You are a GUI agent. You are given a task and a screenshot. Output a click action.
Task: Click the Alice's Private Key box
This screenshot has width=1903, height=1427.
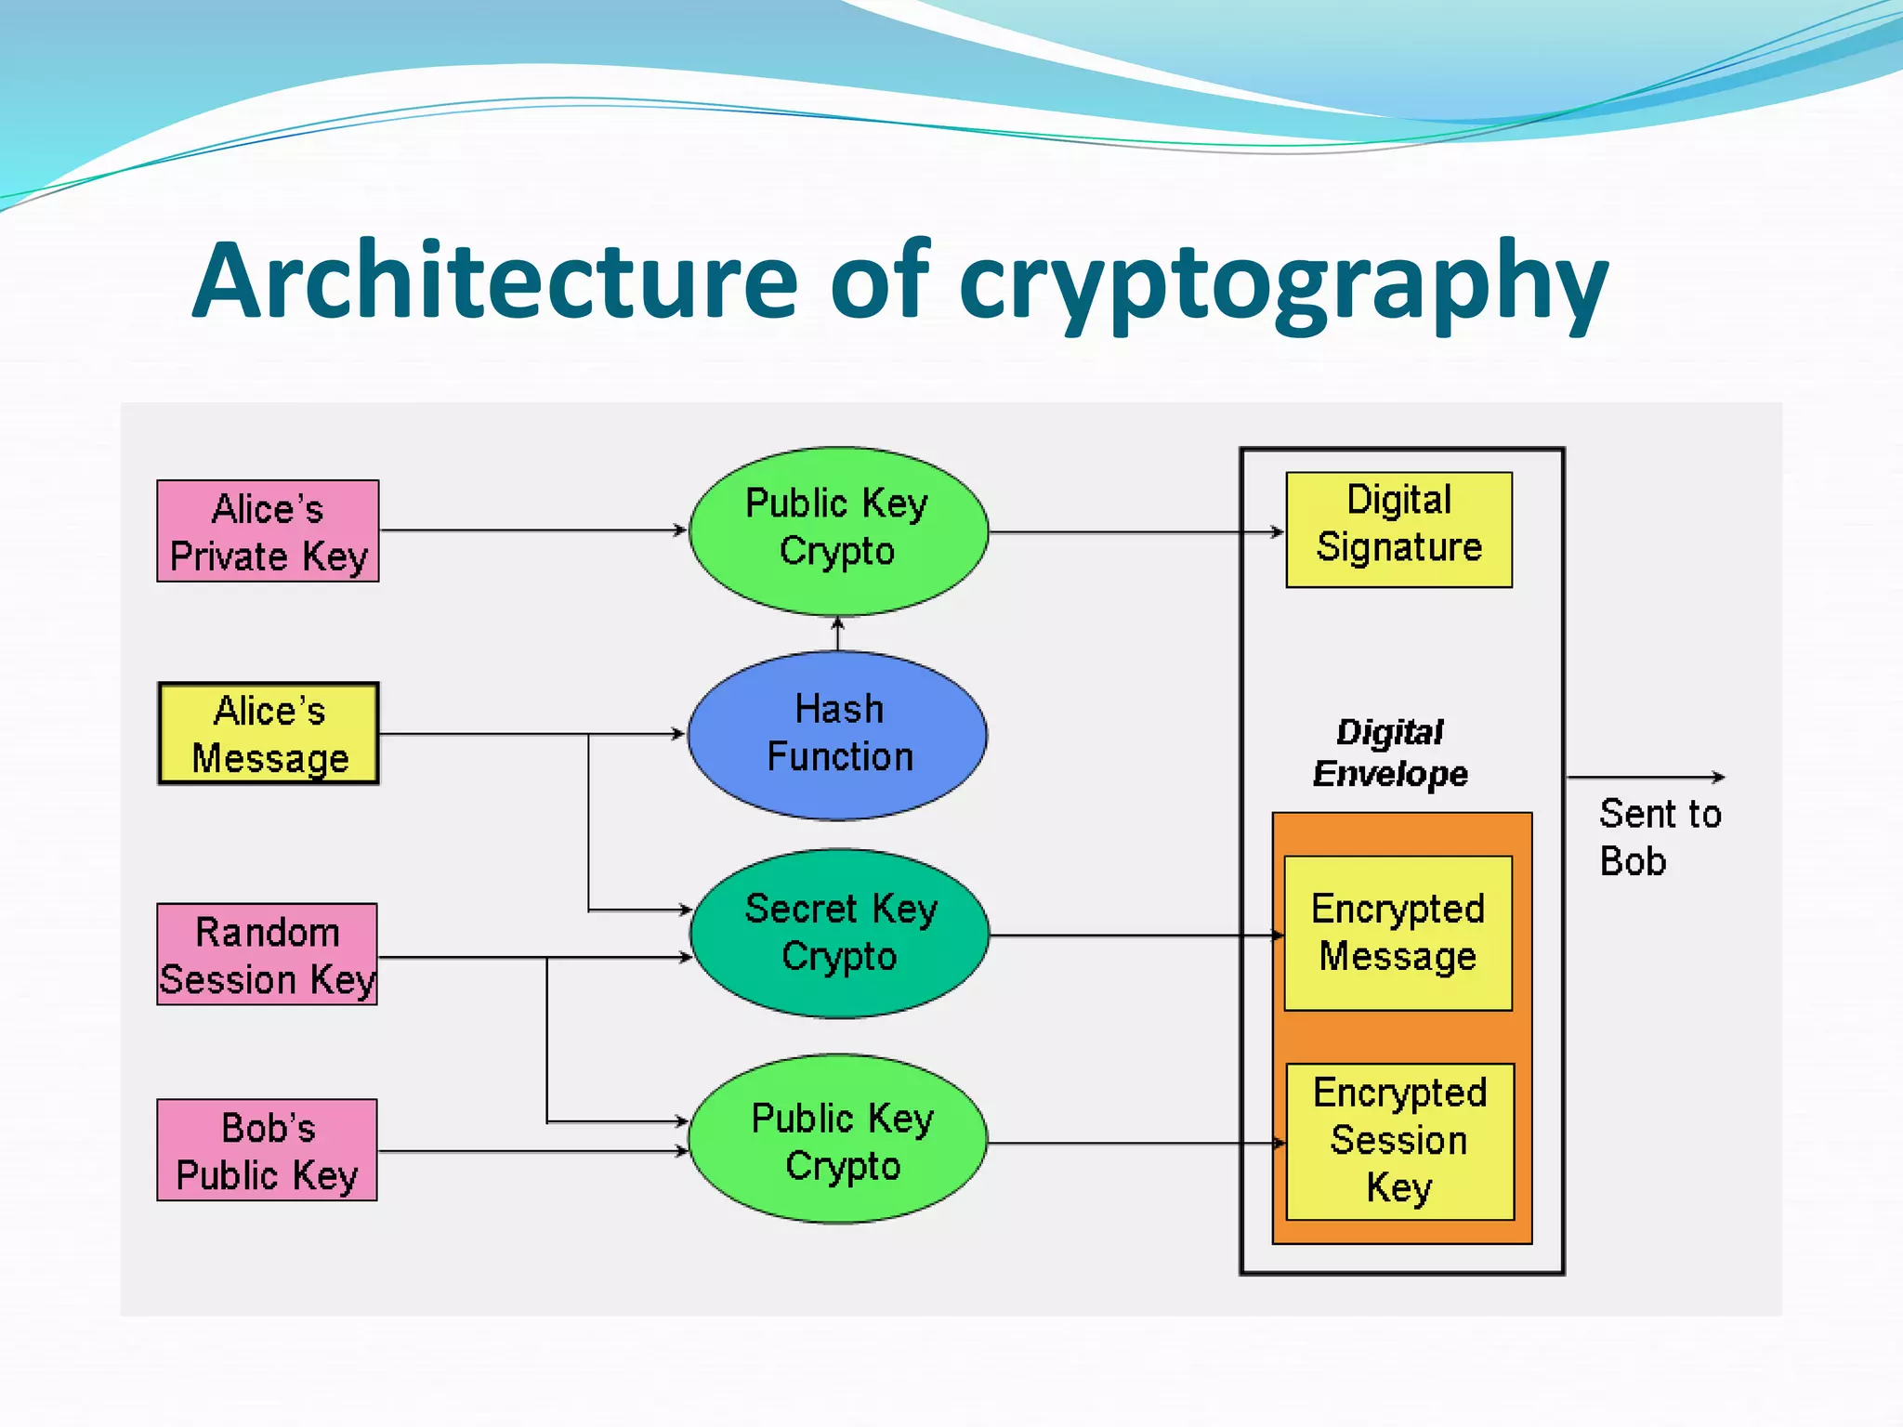click(268, 531)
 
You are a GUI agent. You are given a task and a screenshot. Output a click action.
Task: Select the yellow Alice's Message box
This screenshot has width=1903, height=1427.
click(269, 734)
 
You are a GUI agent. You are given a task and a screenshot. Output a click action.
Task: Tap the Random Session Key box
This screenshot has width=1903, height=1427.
click(267, 954)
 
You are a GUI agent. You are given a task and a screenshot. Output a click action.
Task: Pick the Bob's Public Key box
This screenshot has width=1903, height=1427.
click(267, 1150)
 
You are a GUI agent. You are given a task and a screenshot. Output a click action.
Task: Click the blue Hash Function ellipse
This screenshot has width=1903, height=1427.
click(837, 735)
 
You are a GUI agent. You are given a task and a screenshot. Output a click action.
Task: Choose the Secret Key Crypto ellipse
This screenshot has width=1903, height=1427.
click(839, 933)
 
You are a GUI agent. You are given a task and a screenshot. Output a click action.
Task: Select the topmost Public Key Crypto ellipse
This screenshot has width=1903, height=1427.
click(837, 530)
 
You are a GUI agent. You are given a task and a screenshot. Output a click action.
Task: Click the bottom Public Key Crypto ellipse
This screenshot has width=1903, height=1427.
click(839, 1139)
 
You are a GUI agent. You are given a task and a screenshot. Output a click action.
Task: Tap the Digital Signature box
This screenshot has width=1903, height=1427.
click(1398, 530)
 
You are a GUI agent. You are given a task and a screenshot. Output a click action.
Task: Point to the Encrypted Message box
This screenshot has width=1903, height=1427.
click(1398, 933)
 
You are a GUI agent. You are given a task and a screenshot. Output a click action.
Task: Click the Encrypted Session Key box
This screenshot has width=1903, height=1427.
click(1399, 1141)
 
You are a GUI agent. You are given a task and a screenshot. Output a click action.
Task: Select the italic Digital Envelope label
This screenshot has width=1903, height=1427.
click(1390, 753)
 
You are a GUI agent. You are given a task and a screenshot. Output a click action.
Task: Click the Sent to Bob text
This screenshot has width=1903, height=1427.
click(1659, 836)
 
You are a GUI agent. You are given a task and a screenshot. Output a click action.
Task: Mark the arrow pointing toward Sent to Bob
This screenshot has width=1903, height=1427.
click(1645, 777)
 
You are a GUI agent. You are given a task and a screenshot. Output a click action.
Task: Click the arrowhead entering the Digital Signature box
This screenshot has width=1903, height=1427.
click(1277, 532)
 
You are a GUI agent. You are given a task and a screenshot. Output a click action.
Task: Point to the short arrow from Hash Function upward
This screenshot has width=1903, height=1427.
click(837, 634)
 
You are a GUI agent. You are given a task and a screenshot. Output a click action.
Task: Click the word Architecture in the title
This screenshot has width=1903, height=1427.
click(494, 281)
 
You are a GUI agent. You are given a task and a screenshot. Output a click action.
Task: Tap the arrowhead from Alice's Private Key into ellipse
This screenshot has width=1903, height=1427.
click(679, 530)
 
